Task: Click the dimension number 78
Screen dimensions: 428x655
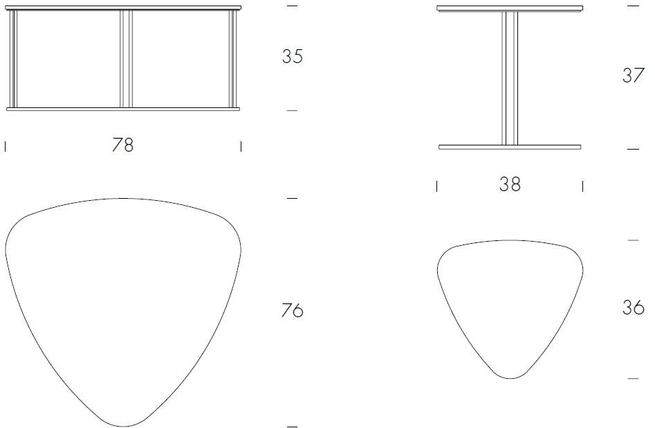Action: pyautogui.click(x=122, y=145)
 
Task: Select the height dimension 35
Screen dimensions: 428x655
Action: pyautogui.click(x=292, y=57)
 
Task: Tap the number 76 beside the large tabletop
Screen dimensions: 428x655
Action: pyautogui.click(x=292, y=311)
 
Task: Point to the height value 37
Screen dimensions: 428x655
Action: pyautogui.click(x=633, y=75)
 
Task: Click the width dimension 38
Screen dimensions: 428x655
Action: pyautogui.click(x=510, y=185)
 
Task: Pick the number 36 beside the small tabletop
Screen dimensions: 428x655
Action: pyautogui.click(x=633, y=307)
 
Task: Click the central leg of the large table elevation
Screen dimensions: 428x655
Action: pyautogui.click(x=126, y=60)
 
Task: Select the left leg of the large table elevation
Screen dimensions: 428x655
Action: pyautogui.click(x=13, y=60)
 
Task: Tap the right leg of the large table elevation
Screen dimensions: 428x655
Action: pyautogui.click(x=233, y=60)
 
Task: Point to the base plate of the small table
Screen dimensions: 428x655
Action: pyautogui.click(x=510, y=147)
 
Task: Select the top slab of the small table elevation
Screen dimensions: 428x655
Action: pyautogui.click(x=510, y=8)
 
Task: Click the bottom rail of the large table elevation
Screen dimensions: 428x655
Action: pyautogui.click(x=122, y=109)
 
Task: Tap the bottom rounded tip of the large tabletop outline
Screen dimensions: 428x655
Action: pyautogui.click(x=123, y=425)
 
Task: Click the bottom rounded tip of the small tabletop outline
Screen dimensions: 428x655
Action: pyautogui.click(x=510, y=377)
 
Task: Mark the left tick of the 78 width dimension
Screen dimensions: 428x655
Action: pyautogui.click(x=6, y=146)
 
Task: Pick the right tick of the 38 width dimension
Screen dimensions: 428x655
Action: pyautogui.click(x=582, y=186)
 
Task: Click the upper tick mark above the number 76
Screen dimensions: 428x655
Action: pyautogui.click(x=292, y=199)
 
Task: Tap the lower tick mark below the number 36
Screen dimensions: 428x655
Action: pyautogui.click(x=633, y=378)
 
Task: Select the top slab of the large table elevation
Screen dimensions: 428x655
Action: pyautogui.click(x=122, y=8)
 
